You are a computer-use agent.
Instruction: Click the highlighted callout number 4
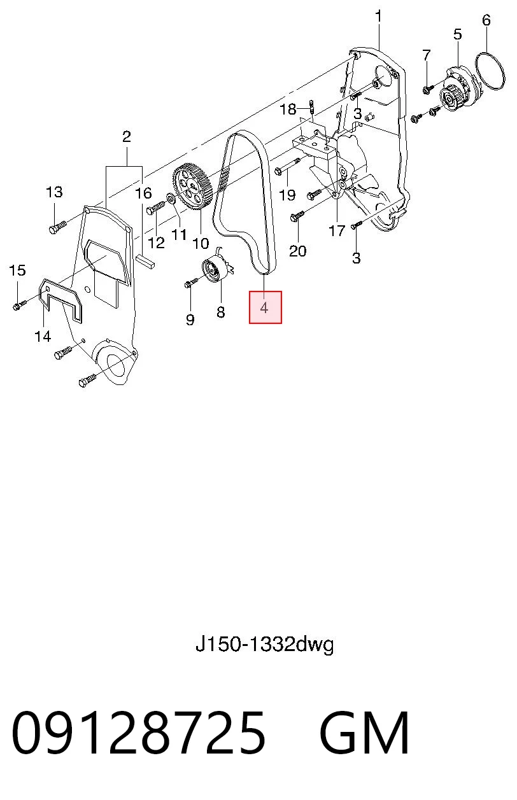click(x=264, y=307)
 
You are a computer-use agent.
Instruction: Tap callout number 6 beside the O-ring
click(x=486, y=20)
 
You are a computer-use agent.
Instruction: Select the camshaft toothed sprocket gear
click(x=193, y=186)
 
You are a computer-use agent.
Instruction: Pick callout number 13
click(x=54, y=192)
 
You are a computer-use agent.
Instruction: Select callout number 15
click(x=17, y=270)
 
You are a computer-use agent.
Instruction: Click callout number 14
click(x=43, y=336)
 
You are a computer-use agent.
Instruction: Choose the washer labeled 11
click(x=171, y=198)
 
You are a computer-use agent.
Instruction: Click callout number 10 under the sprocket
click(x=201, y=243)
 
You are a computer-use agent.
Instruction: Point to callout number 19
click(x=287, y=195)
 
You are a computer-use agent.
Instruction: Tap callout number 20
click(x=297, y=251)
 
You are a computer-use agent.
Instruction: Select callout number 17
click(x=337, y=231)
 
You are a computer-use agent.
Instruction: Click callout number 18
click(x=288, y=109)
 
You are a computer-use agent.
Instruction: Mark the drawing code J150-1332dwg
click(x=265, y=645)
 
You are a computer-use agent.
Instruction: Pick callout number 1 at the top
click(x=378, y=17)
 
